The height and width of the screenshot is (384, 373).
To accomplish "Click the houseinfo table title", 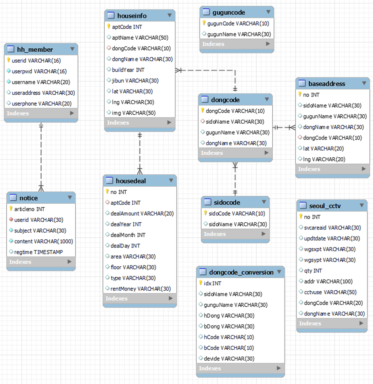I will point(132,16).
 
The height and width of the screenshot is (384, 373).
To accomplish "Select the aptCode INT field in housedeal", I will point(125,203).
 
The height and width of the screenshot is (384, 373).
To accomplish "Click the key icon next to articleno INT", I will point(11,209).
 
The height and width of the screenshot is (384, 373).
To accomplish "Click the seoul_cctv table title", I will point(325,206).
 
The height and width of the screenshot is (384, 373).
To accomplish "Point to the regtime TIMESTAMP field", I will point(38,252).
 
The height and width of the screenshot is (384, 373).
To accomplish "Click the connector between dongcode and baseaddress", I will point(284,127).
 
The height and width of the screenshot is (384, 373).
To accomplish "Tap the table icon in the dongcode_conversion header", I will point(202,272).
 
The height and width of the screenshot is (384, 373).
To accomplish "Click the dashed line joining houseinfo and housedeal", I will point(140,153).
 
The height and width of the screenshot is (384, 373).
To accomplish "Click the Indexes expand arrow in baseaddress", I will point(363,169).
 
